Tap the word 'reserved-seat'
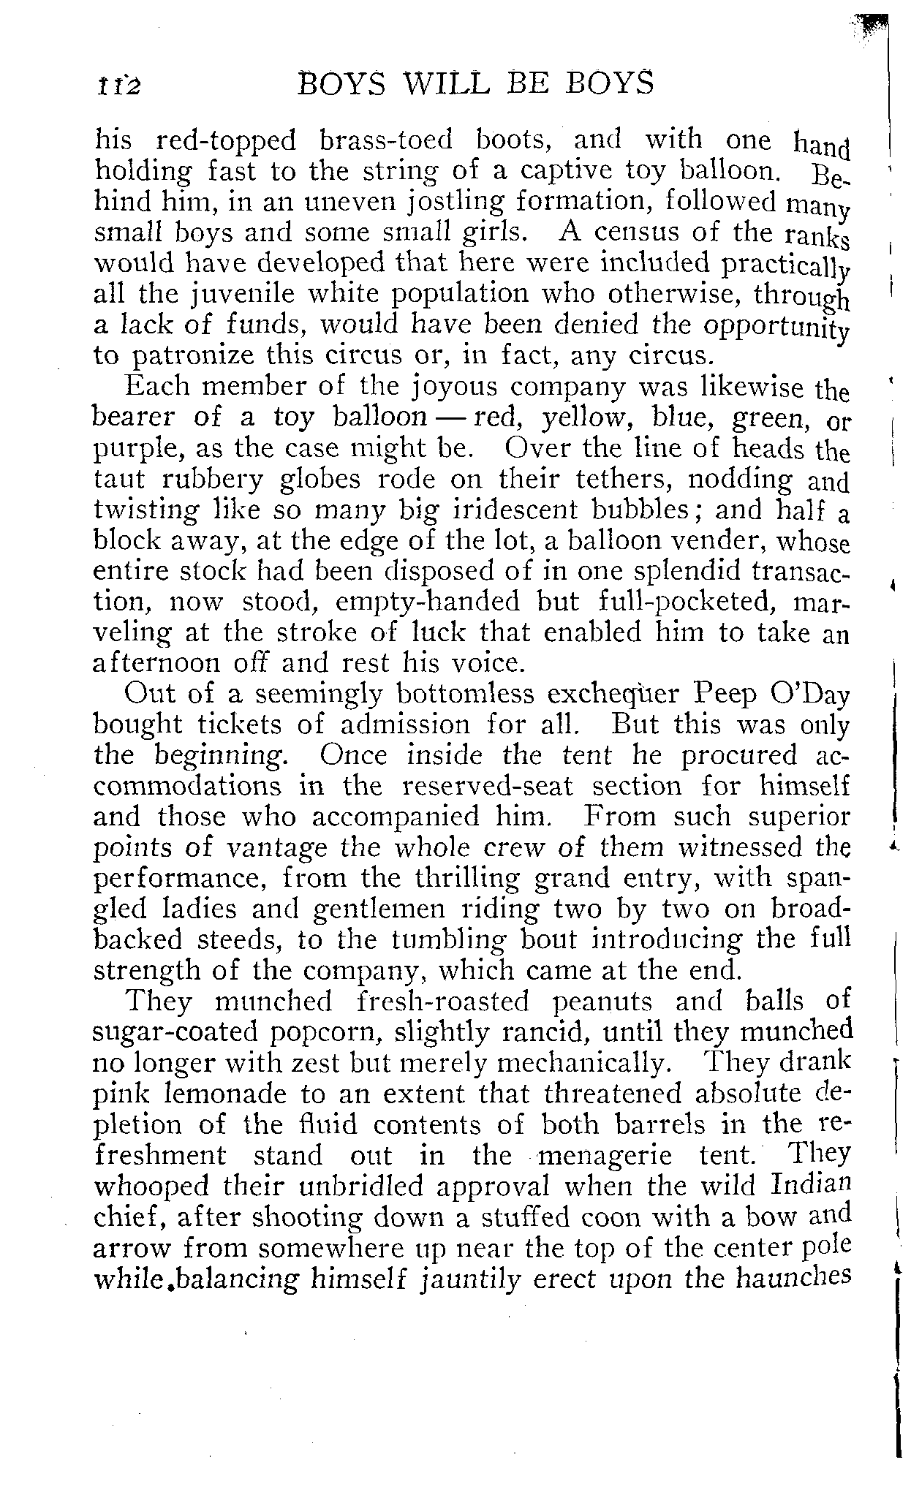(x=488, y=785)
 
